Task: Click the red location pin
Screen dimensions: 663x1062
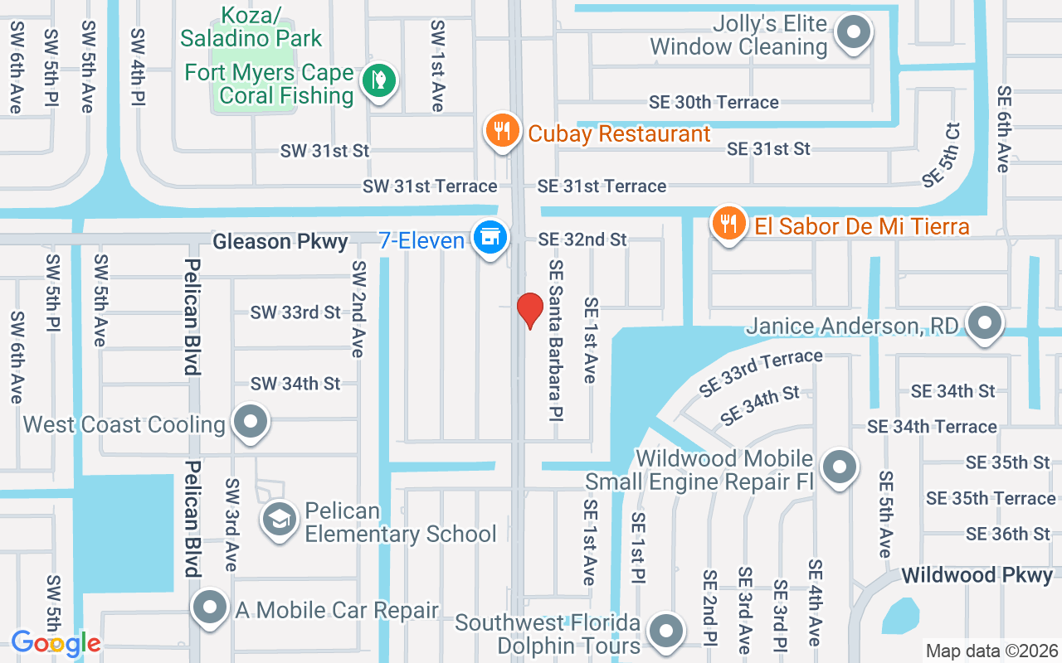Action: [530, 310]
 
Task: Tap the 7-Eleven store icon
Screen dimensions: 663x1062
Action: [490, 237]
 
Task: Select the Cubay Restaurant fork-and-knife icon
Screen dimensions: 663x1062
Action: [502, 132]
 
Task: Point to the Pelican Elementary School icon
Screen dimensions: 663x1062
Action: [280, 520]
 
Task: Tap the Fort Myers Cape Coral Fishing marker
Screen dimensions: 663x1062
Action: [379, 80]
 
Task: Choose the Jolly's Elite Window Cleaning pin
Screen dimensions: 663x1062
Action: [853, 34]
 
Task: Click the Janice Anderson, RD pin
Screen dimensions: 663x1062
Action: [985, 323]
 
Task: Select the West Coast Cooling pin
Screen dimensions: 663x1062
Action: [250, 423]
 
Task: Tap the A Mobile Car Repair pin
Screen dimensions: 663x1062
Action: [210, 608]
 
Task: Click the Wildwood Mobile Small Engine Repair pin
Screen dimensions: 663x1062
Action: [840, 467]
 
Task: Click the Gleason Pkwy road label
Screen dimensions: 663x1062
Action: [280, 241]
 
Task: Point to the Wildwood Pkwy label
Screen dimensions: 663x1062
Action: [977, 574]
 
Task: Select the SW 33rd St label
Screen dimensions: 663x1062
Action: [295, 312]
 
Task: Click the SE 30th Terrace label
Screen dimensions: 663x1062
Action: [714, 102]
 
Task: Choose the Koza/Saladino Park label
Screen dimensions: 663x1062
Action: [251, 27]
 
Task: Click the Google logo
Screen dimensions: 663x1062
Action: [56, 642]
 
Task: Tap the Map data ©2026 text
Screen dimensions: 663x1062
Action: [991, 651]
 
